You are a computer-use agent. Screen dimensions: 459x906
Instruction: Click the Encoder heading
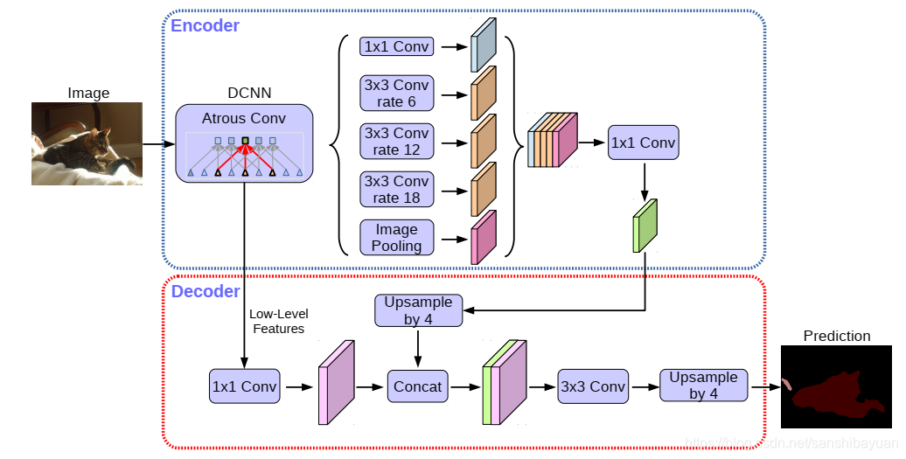point(205,25)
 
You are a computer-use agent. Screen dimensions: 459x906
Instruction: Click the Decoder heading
point(205,291)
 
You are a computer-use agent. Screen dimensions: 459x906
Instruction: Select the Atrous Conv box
point(244,143)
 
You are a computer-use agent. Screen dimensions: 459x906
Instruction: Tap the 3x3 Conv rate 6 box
point(396,94)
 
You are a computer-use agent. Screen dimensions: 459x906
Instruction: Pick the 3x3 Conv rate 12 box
point(396,142)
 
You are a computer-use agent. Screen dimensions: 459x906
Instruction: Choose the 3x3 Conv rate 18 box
point(396,190)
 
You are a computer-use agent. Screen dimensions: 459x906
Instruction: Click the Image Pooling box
point(396,238)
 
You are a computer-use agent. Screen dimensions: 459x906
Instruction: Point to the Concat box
point(418,386)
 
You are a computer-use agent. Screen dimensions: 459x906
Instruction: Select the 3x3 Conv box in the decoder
point(593,386)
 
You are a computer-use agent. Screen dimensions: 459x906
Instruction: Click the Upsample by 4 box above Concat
point(418,310)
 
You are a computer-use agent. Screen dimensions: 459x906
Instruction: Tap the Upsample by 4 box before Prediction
point(703,386)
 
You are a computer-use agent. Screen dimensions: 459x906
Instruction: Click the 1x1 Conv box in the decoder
point(245,386)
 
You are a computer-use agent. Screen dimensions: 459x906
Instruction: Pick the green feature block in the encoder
point(645,226)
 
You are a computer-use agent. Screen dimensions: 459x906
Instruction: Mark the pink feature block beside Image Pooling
point(484,237)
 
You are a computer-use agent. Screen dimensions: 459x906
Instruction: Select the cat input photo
point(87,144)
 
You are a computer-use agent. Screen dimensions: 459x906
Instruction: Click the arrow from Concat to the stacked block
point(466,386)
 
